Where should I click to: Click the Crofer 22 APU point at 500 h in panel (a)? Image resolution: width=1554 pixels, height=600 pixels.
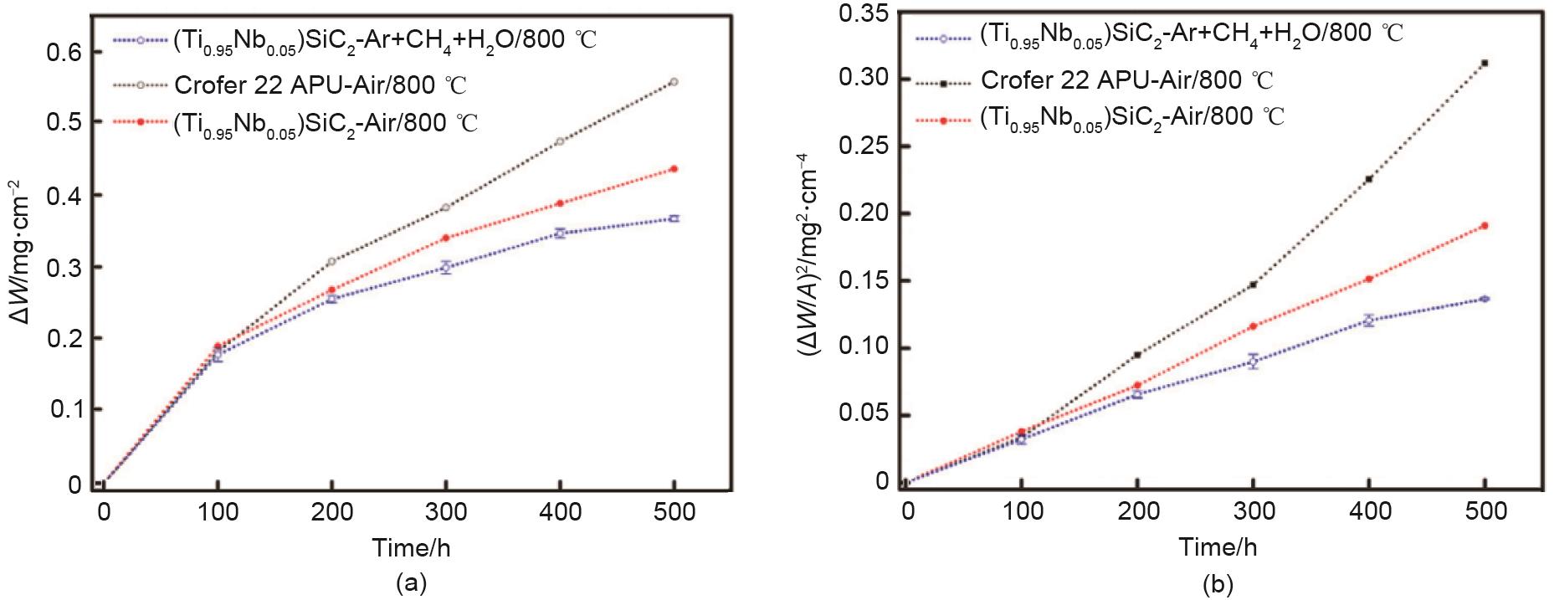674,82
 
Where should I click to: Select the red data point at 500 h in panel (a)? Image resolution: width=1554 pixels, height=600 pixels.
674,169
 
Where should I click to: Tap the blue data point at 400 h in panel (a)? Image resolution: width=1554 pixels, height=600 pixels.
560,233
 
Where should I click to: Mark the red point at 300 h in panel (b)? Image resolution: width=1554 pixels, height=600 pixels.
1253,326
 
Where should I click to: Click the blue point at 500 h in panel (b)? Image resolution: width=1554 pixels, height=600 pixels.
1485,299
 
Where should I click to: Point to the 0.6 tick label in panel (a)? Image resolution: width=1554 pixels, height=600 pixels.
64,52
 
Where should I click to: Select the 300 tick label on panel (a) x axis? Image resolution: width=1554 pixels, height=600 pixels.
445,511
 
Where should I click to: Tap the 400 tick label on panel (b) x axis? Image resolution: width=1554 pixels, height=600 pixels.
1368,511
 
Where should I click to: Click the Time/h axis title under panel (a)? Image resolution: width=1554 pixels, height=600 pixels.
412,548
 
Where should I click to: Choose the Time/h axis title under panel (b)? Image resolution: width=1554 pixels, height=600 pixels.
1218,548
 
